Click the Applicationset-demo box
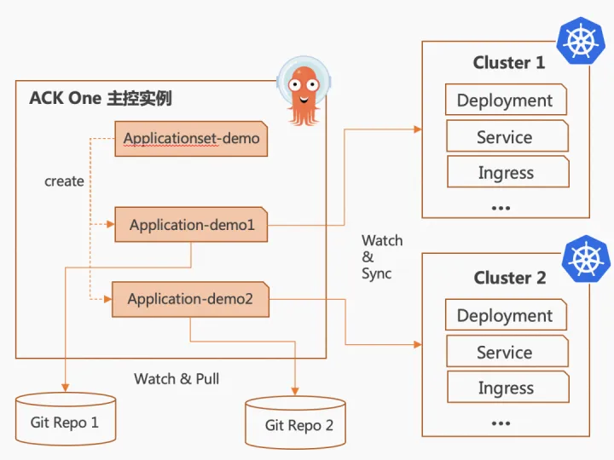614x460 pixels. point(191,139)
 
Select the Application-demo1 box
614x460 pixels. point(191,225)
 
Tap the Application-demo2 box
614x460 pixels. point(191,299)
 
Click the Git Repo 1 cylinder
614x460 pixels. point(66,419)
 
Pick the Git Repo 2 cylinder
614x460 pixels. point(295,423)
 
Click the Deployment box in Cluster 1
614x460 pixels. point(506,100)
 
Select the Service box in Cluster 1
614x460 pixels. point(507,135)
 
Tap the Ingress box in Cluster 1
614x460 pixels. point(508,172)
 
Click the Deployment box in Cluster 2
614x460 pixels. point(506,315)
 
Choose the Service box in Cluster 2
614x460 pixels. point(507,351)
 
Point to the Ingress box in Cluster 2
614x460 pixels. point(508,388)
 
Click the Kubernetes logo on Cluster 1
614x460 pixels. point(581,41)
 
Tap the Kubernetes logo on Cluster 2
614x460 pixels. point(586,259)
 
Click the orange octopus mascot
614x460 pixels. point(304,92)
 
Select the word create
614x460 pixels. point(64,181)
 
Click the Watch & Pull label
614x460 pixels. point(177,378)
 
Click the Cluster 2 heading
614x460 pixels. point(510,278)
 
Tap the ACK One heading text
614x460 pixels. point(101,98)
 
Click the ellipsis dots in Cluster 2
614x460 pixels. point(501,423)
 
